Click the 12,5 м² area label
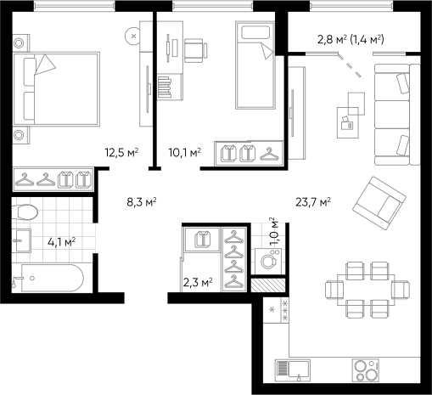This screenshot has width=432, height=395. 121,153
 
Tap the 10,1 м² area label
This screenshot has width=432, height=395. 185,153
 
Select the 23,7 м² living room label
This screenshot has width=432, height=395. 313,202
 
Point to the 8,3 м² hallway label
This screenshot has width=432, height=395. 142,202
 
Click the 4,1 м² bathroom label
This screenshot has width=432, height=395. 61,242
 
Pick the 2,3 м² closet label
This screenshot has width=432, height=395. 198,282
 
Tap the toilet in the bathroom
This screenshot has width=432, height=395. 25,212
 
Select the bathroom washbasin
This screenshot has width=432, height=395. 22,240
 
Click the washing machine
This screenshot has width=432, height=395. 268,261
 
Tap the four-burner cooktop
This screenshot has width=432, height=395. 366,370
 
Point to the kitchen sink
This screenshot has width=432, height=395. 293,370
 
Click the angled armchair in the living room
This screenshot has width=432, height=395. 379,203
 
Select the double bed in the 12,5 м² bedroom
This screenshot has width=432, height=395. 57,89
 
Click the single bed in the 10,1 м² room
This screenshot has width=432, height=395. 255,65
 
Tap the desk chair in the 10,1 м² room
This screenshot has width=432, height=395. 196,50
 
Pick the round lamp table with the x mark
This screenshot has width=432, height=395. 133,36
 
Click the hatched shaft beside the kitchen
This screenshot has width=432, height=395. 268,285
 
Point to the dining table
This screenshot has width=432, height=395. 367,290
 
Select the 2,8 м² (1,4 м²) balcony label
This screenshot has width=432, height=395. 351,40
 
